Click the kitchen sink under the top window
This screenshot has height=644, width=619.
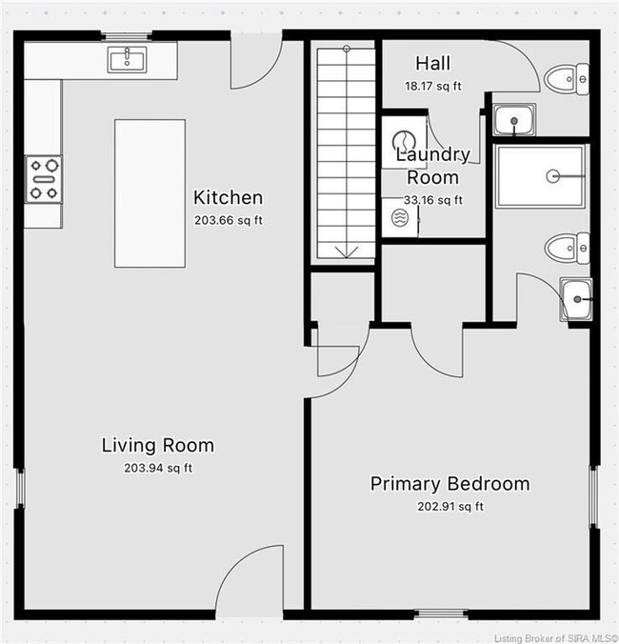coord(127,60)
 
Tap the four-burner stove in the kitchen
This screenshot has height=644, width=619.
coord(44,179)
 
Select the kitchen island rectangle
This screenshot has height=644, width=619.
coord(150,193)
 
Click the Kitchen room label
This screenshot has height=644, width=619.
coord(228,197)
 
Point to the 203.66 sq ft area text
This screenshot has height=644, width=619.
coord(229,220)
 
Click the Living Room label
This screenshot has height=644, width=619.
coord(158,445)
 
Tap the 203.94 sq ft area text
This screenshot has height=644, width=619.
coord(158,468)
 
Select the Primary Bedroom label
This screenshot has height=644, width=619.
coord(449,484)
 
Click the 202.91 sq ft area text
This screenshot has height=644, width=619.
coord(450,507)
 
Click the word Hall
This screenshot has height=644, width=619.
coord(432,63)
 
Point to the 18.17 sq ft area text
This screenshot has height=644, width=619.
coord(433,87)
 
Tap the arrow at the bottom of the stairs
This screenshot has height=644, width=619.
coord(347,252)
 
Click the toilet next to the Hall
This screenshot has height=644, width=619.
coord(567,79)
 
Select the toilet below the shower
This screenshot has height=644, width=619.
coord(567,248)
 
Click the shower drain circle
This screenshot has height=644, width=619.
coord(553,176)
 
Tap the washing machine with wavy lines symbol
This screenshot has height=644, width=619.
coord(400,217)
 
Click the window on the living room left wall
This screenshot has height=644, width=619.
coord(19,488)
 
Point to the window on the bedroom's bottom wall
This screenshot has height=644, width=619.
coord(440,614)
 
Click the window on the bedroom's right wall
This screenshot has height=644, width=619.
coord(594,496)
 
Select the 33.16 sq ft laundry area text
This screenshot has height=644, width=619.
coord(433,200)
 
